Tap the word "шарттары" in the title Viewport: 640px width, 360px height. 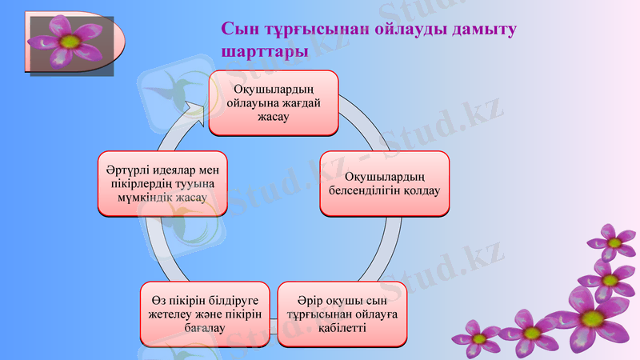point(265,50)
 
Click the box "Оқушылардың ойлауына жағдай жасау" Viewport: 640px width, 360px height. point(274,102)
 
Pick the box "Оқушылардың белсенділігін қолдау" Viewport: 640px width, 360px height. point(384,183)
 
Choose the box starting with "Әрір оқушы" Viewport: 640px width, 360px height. point(342,314)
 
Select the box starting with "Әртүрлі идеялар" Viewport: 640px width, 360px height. point(162,184)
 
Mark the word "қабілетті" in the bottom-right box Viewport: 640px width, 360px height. point(342,328)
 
